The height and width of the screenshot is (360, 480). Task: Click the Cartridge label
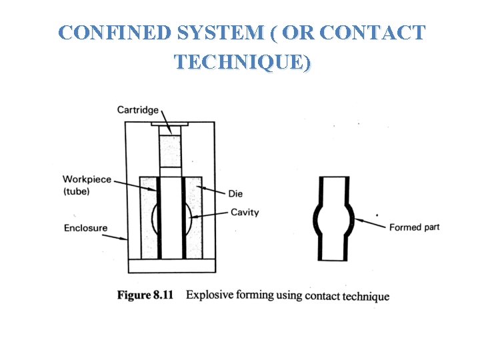tap(137, 109)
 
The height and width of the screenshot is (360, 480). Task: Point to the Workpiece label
tap(87, 179)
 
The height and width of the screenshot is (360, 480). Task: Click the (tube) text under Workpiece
tap(76, 192)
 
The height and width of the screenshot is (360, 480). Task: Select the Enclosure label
tap(85, 228)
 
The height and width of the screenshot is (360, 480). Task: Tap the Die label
tap(235, 193)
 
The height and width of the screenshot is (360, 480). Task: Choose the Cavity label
tap(244, 213)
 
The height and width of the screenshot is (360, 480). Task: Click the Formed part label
tap(414, 227)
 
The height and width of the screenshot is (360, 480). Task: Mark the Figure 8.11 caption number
tap(145, 295)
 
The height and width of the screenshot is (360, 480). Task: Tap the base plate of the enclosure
tap(171, 265)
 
